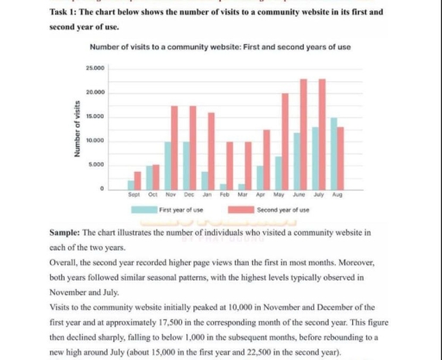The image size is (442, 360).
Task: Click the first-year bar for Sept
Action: (131, 185)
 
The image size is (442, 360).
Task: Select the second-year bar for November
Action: (174, 148)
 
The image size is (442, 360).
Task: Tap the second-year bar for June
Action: (303, 135)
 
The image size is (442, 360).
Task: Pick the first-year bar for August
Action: (333, 154)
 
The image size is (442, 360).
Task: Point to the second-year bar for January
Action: (212, 151)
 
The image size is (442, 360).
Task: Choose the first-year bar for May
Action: (278, 173)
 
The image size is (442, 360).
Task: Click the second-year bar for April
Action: (267, 160)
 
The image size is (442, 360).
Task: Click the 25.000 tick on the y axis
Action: (95, 67)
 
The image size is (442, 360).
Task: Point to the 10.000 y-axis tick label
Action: (95, 140)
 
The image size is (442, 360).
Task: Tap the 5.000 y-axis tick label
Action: (97, 164)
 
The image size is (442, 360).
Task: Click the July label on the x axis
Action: (319, 196)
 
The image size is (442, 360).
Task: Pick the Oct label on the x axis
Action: (152, 196)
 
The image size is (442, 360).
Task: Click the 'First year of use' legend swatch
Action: (144, 210)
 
